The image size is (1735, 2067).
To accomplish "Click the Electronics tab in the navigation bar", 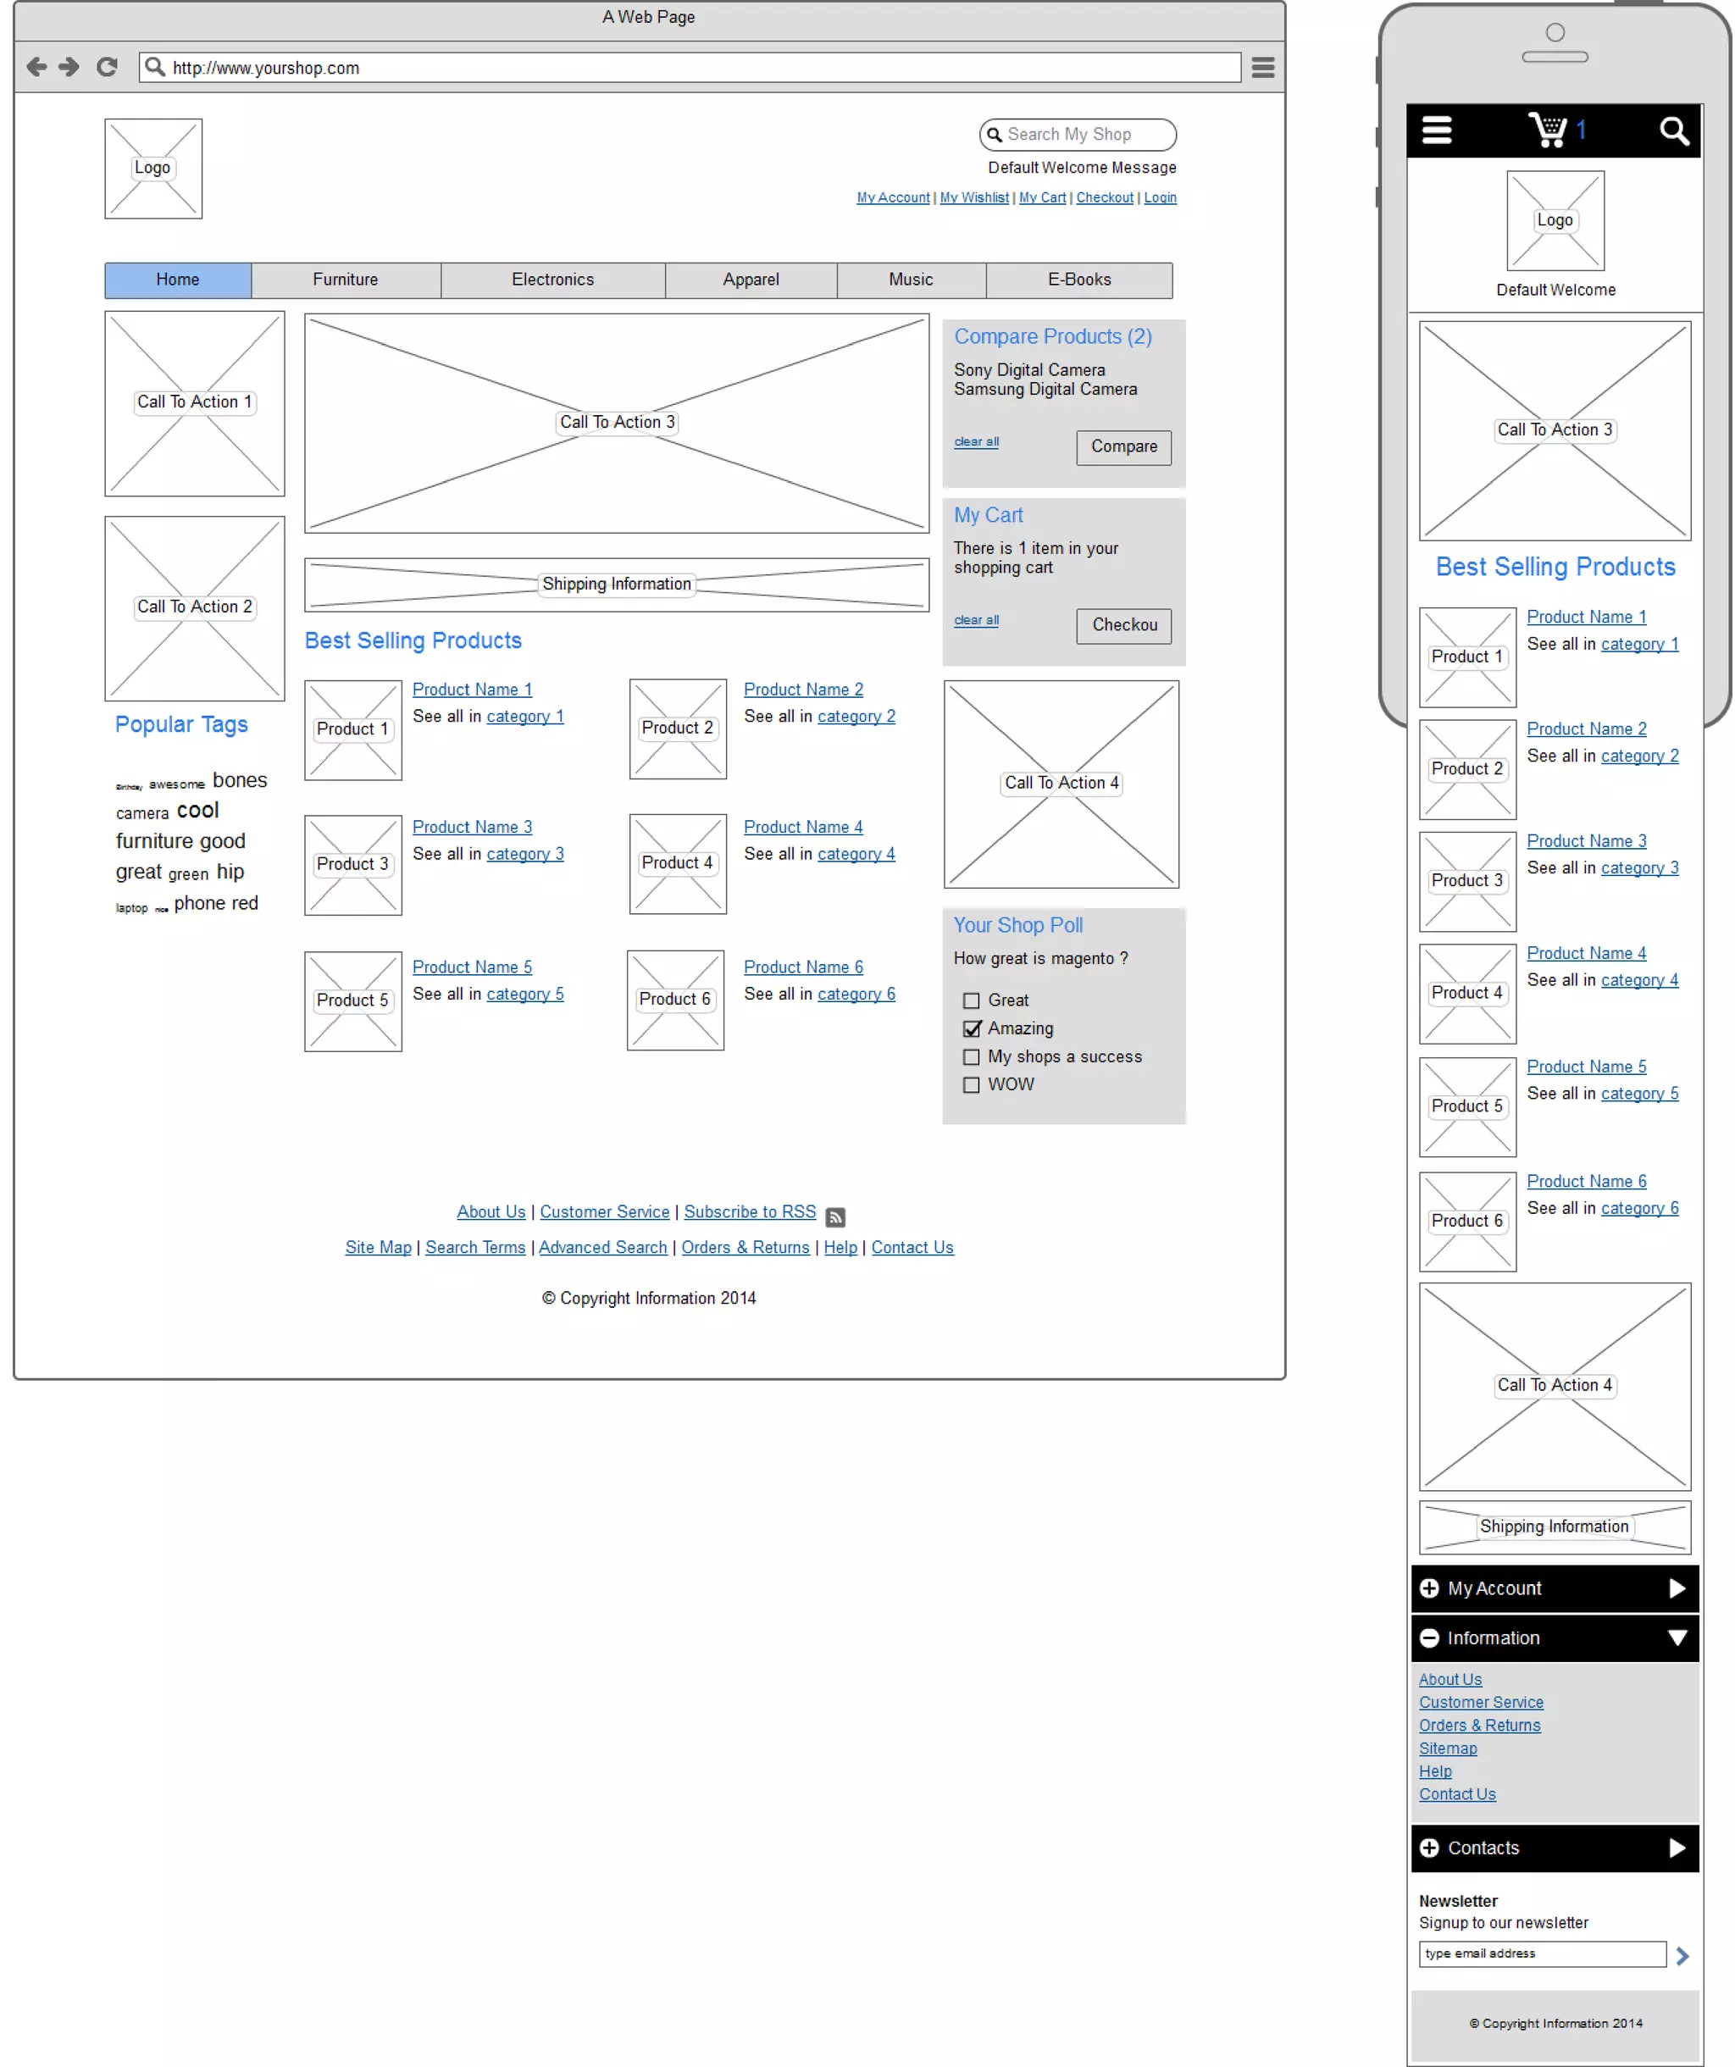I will [x=552, y=280].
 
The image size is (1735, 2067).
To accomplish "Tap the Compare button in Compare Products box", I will [x=1122, y=447].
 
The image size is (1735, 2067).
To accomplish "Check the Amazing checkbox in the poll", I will [x=972, y=1028].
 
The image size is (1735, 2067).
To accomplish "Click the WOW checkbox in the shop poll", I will [x=972, y=1084].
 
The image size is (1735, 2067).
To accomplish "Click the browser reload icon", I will [x=106, y=67].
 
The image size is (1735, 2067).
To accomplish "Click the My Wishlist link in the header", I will [x=973, y=198].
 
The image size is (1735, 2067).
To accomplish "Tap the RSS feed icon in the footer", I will [x=834, y=1217].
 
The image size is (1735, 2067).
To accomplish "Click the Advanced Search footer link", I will [x=602, y=1247].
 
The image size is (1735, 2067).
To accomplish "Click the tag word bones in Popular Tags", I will [x=239, y=780].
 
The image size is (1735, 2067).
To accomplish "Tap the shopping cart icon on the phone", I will [x=1547, y=130].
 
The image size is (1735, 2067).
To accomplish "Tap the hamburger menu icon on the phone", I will [x=1436, y=130].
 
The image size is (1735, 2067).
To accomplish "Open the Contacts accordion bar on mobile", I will [x=1554, y=1848].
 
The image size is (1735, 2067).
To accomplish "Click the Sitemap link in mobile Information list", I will [x=1447, y=1748].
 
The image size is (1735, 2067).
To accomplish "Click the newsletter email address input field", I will [x=1541, y=1953].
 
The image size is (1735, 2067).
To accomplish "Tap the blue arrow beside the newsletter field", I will [x=1682, y=1955].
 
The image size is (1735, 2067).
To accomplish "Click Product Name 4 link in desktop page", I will [x=802, y=827].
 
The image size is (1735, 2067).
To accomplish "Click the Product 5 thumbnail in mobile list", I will [x=1466, y=1106].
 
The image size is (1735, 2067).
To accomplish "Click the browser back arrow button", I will [x=36, y=67].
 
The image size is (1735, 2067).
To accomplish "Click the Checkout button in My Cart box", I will [x=1122, y=625].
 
